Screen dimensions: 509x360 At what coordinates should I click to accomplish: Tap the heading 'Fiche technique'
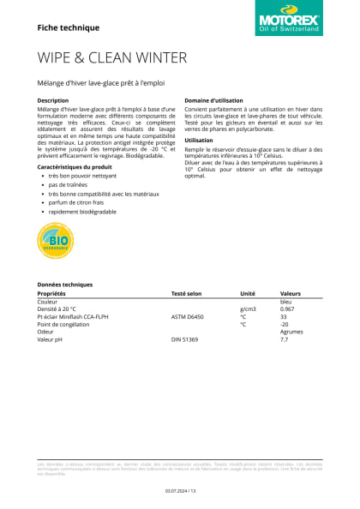tap(69, 27)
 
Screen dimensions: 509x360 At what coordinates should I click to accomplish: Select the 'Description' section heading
tap(53, 100)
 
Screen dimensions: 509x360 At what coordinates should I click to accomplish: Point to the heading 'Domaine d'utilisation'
tap(214, 100)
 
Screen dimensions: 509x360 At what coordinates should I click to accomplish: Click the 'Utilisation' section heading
tap(199, 140)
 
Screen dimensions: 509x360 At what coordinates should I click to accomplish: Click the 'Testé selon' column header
tap(186, 293)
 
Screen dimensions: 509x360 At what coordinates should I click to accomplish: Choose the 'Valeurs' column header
tap(291, 293)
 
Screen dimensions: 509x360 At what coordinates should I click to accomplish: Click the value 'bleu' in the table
tap(286, 302)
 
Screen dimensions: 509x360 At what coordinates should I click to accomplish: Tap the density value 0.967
tap(288, 309)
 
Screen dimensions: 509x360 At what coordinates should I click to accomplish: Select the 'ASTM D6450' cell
tap(188, 317)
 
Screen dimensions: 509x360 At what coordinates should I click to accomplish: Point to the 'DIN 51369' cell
tap(184, 340)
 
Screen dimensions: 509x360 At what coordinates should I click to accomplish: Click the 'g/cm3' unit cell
tap(248, 309)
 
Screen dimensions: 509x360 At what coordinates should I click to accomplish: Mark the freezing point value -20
tap(285, 325)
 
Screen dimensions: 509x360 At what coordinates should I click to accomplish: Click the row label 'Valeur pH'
tap(52, 340)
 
